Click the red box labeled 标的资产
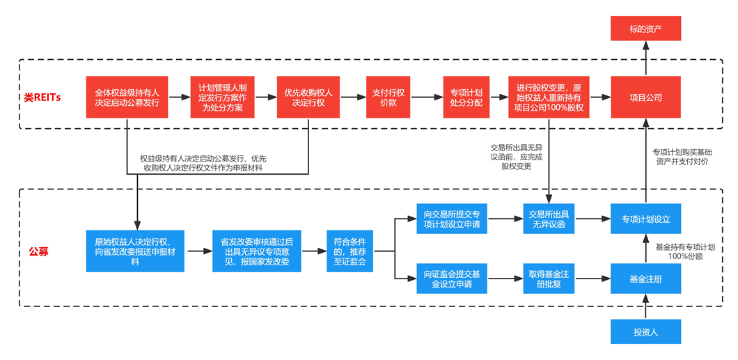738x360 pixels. tap(645, 28)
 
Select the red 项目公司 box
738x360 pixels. tap(645, 98)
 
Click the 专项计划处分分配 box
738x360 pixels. tap(466, 98)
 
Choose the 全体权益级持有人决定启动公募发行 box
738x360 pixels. tap(127, 98)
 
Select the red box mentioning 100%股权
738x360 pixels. tap(549, 98)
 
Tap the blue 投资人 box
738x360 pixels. tap(645, 332)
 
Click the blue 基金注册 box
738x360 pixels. tap(645, 279)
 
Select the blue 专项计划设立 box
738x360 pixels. tap(645, 219)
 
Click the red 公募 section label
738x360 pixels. tap(39, 251)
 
